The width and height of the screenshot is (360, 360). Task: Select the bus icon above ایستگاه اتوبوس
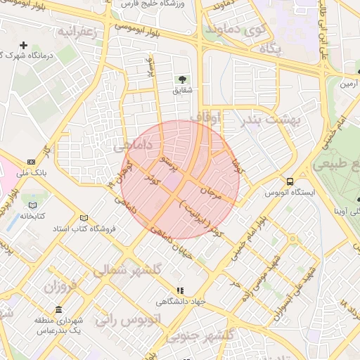pyautogui.click(x=289, y=180)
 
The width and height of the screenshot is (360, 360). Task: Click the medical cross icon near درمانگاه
pyautogui.click(x=23, y=45)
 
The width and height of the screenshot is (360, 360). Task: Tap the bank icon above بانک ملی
pyautogui.click(x=31, y=160)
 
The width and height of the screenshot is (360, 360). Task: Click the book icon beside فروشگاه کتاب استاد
pyautogui.click(x=85, y=218)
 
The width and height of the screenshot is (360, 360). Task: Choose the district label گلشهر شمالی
pyautogui.click(x=128, y=270)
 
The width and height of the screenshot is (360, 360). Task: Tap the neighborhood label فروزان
pyautogui.click(x=59, y=287)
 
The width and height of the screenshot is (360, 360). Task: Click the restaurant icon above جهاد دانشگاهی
pyautogui.click(x=180, y=290)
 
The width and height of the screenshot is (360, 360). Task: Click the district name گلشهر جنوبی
pyautogui.click(x=198, y=336)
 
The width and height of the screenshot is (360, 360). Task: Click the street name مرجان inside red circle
pyautogui.click(x=211, y=192)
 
